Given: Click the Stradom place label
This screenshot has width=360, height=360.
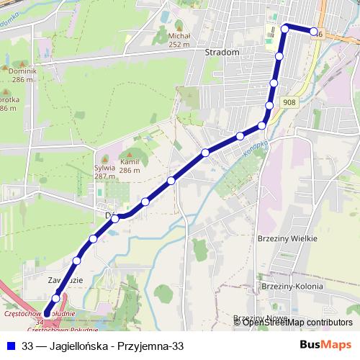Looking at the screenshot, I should (221, 53).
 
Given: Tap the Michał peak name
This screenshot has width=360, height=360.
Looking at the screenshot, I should (179, 35).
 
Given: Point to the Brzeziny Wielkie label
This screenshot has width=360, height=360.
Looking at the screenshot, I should (287, 238).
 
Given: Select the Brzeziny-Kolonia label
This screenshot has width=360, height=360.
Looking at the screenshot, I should (291, 286).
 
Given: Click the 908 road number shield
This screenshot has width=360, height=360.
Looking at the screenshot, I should (289, 104).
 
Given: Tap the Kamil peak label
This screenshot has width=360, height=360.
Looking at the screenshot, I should (130, 163).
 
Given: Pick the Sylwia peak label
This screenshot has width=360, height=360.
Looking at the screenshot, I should (105, 168).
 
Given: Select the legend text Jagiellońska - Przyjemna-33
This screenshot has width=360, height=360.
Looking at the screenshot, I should (102, 346).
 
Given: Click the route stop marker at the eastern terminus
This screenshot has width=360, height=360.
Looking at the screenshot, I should (315, 31).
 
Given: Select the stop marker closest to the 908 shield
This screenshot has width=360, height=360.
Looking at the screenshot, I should (269, 106).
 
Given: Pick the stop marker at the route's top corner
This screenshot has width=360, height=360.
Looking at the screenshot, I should (285, 28).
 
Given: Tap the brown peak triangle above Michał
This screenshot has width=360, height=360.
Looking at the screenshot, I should (179, 26).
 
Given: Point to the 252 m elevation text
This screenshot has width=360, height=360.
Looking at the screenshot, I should (179, 44).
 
